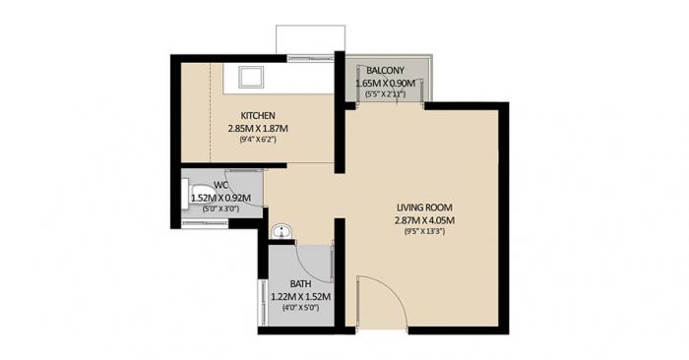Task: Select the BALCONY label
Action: click(383, 72)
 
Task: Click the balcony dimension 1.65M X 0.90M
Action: click(385, 85)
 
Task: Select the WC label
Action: click(221, 185)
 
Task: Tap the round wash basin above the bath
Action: click(282, 232)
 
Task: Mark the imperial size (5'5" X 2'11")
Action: click(385, 95)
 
